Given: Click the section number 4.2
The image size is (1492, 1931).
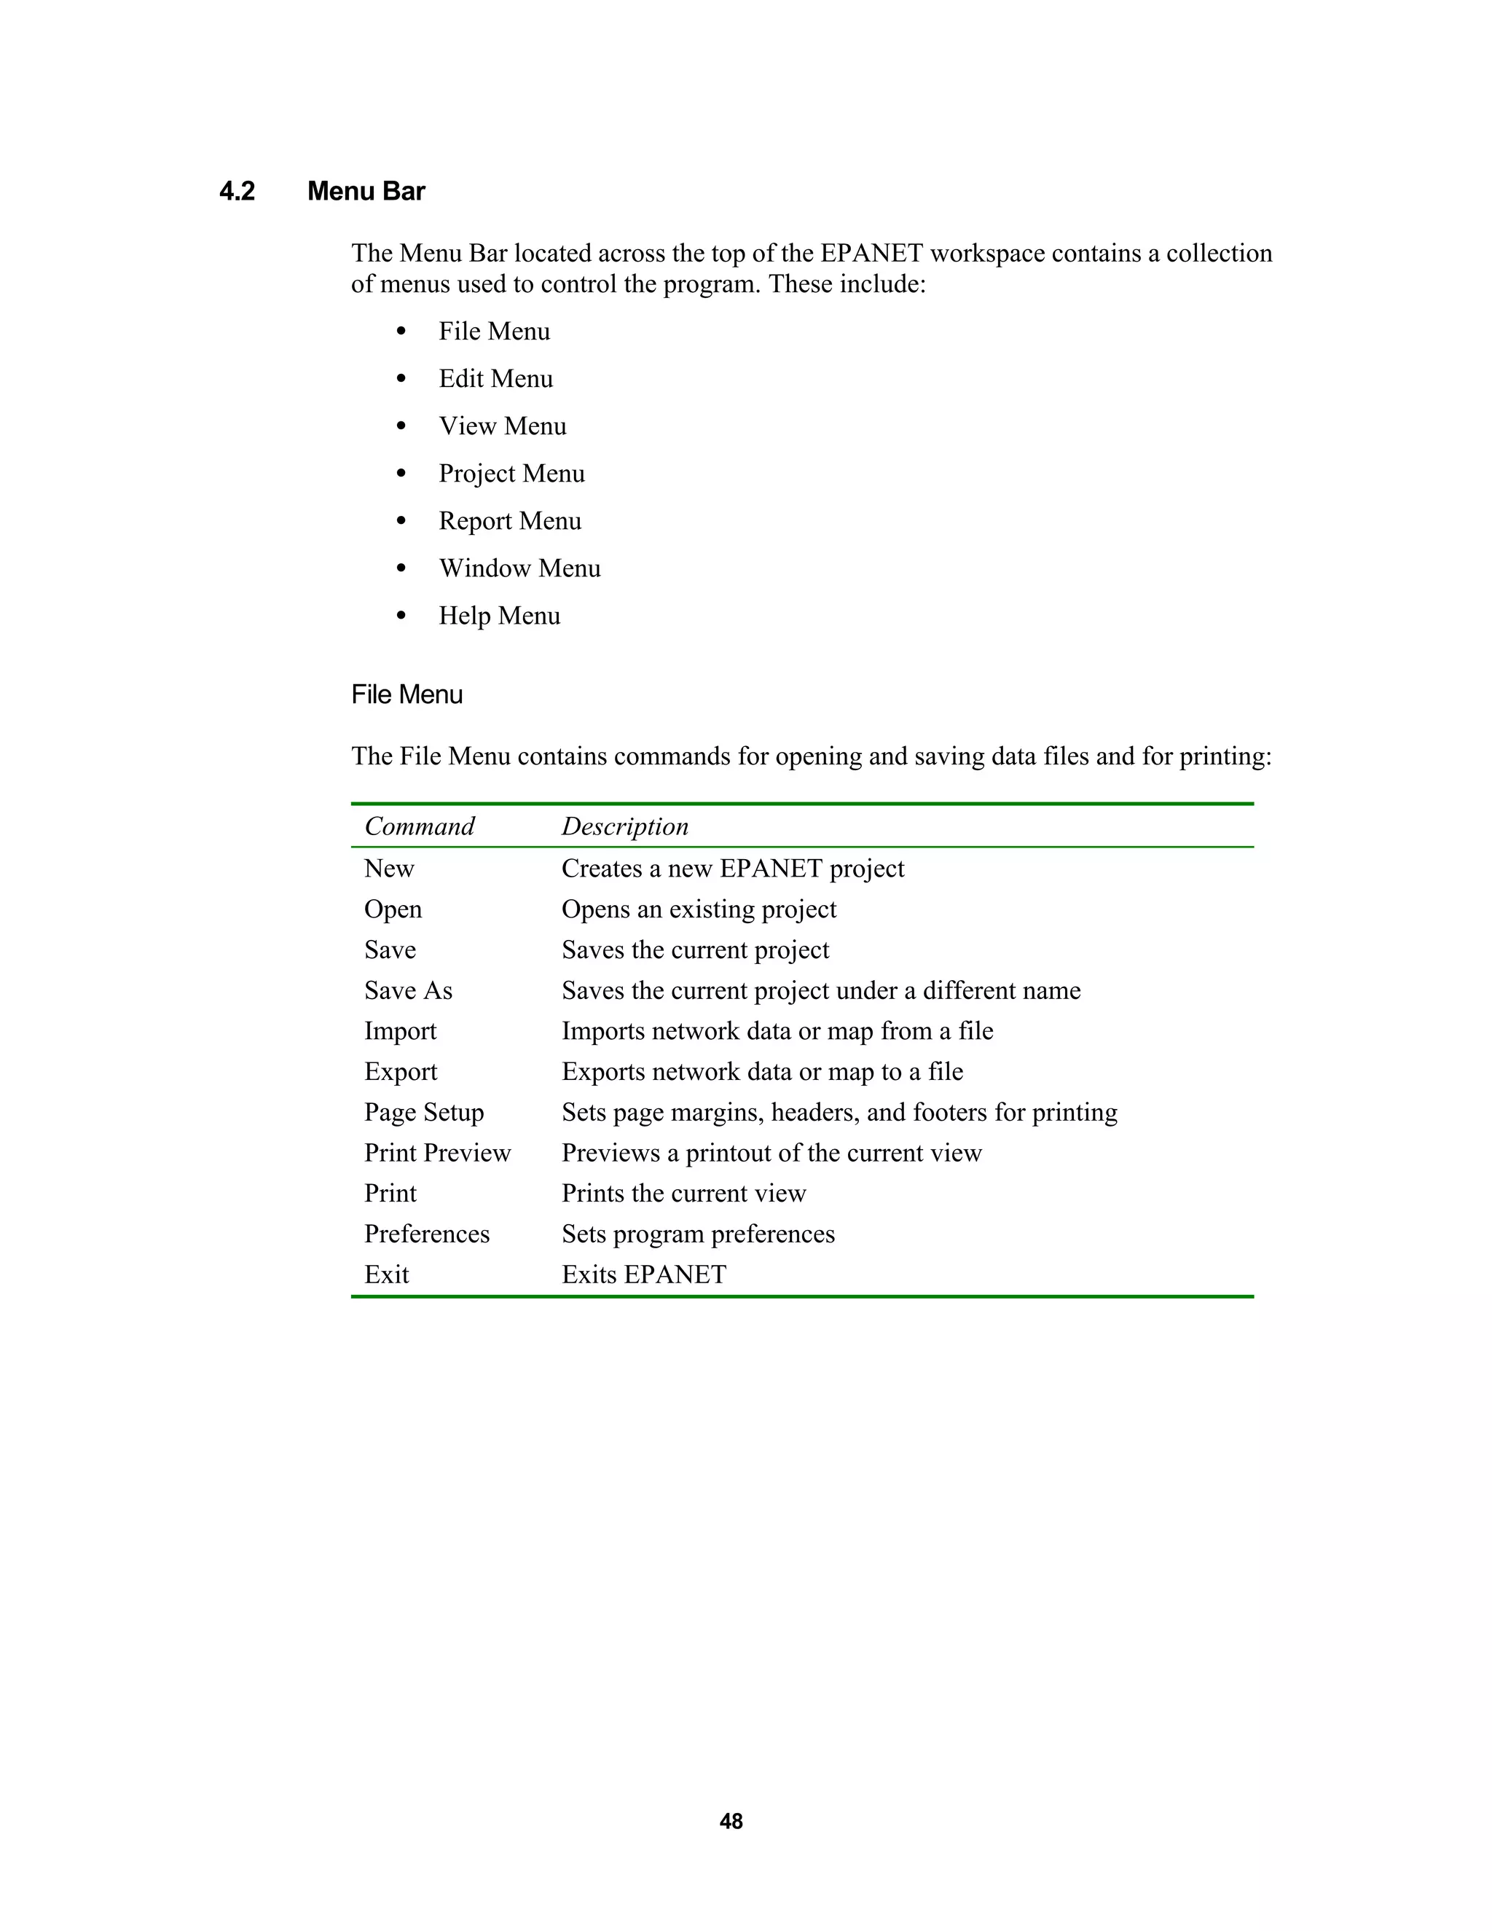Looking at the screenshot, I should pyautogui.click(x=237, y=192).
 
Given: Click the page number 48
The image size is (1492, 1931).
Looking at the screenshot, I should pyautogui.click(x=731, y=1822).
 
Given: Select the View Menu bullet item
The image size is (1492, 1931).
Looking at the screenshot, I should pyautogui.click(x=502, y=426).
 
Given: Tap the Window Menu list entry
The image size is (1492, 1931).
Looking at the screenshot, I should pyautogui.click(x=519, y=568).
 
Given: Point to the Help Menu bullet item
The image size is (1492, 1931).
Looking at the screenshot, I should pyautogui.click(x=499, y=616).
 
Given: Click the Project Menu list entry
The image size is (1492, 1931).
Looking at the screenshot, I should pyautogui.click(x=511, y=474).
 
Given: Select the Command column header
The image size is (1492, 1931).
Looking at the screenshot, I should pyautogui.click(x=419, y=827).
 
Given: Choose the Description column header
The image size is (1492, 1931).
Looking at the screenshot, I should pyautogui.click(x=625, y=827).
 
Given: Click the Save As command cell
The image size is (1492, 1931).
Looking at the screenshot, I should pyautogui.click(x=409, y=991).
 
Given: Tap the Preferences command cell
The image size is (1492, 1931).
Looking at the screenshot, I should pyautogui.click(x=427, y=1234).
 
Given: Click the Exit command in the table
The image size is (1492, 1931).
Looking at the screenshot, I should pyautogui.click(x=387, y=1275).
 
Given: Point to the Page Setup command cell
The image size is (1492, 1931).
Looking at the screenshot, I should pyautogui.click(x=424, y=1112).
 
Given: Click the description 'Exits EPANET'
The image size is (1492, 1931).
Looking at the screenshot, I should pyautogui.click(x=644, y=1275).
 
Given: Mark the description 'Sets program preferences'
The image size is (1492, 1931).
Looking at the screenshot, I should pyautogui.click(x=698, y=1234).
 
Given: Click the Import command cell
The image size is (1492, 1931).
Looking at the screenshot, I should pyautogui.click(x=401, y=1032).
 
